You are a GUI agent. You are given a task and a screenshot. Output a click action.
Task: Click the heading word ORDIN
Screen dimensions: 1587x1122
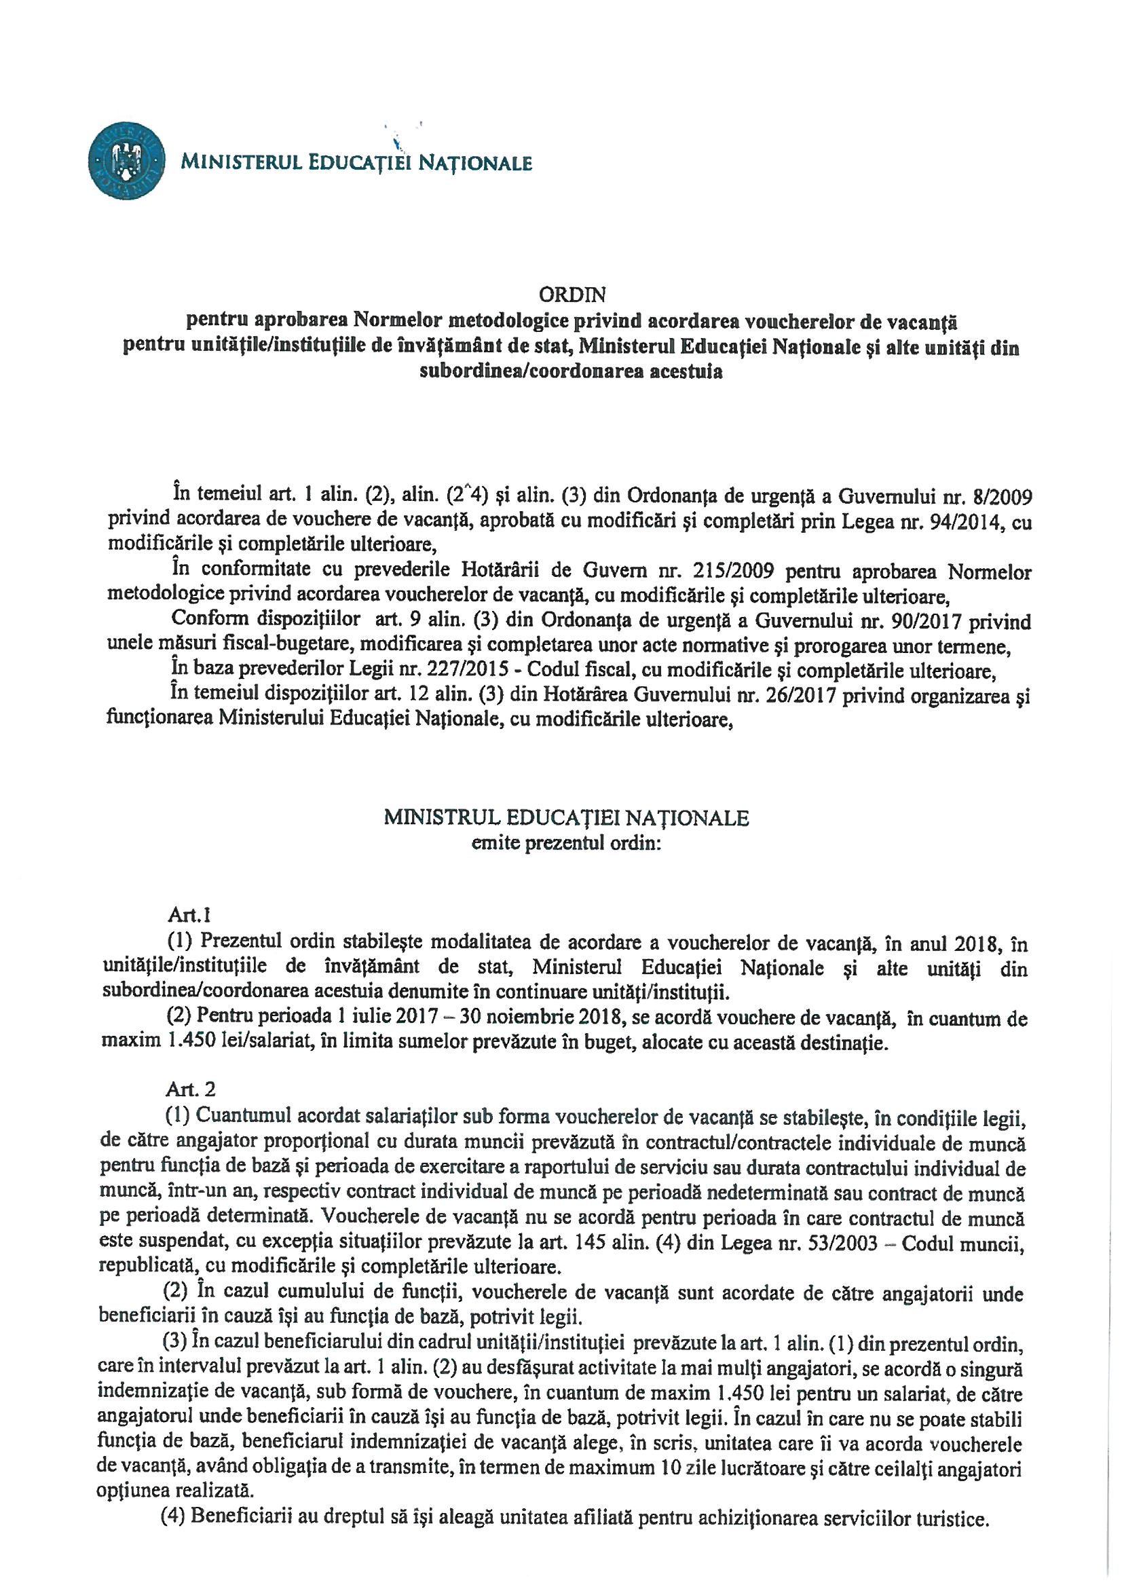572,296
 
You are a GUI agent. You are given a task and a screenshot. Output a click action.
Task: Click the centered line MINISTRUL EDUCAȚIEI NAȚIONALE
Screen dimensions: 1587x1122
566,819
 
